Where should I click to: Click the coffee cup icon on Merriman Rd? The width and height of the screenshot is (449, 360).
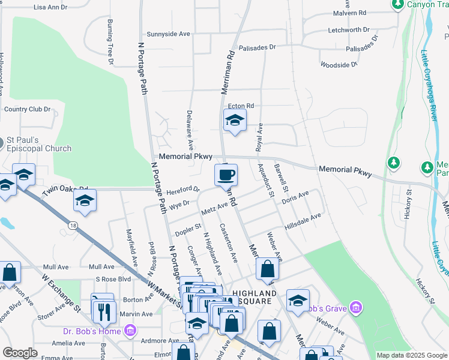click(x=226, y=175)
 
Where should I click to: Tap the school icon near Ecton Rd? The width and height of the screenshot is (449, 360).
click(x=235, y=121)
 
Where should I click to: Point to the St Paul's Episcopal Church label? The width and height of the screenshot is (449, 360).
click(x=39, y=144)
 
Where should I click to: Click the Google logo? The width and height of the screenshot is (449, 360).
click(x=20, y=353)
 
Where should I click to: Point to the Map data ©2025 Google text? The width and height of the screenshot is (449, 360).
click(x=411, y=355)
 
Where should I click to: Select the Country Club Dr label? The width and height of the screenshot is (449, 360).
click(x=28, y=109)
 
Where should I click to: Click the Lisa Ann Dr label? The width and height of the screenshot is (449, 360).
click(x=51, y=7)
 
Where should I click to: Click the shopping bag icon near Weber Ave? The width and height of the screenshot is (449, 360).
click(x=267, y=270)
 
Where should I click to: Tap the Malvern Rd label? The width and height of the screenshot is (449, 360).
click(x=349, y=13)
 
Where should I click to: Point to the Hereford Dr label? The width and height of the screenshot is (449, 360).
click(x=184, y=190)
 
